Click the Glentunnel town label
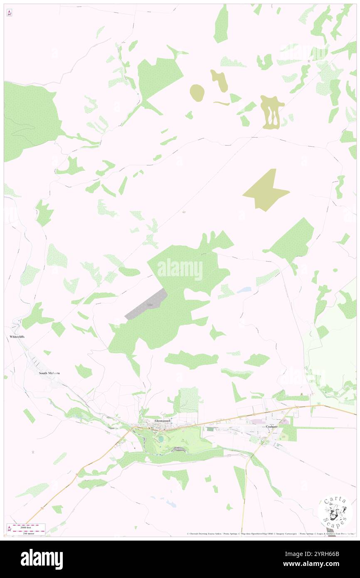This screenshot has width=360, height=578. (x=163, y=421)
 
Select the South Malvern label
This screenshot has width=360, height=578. (x=49, y=373)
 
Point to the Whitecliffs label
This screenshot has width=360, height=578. (x=17, y=336)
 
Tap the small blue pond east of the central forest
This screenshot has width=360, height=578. (x=244, y=290)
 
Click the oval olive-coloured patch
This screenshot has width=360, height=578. (x=197, y=92)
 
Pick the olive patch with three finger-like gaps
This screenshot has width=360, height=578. (x=272, y=111)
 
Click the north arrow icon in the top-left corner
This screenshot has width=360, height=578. (x=9, y=13)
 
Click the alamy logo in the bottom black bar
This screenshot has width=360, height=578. (x=42, y=559)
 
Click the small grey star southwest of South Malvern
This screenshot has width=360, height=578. (x=34, y=452)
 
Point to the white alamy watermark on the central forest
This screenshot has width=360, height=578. (x=180, y=269)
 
